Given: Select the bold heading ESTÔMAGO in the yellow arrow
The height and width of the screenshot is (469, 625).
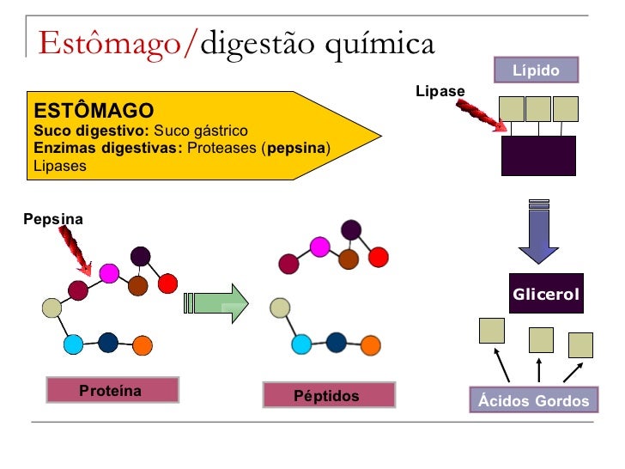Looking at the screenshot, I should pyautogui.click(x=93, y=111).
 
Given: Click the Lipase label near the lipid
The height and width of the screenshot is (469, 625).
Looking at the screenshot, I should pyautogui.click(x=440, y=90).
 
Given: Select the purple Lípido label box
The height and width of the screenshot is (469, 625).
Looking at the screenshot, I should pyautogui.click(x=536, y=70).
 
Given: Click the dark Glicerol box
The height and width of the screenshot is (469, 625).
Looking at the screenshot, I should pyautogui.click(x=546, y=295).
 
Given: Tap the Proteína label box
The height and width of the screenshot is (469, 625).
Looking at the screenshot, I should pyautogui.click(x=112, y=391).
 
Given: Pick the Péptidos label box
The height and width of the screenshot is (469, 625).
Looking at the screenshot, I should pyautogui.click(x=329, y=396).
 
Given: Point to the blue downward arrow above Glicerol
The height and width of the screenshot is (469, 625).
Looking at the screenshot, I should pyautogui.click(x=539, y=232).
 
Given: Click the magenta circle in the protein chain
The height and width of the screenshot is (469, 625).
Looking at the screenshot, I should pyautogui.click(x=109, y=273).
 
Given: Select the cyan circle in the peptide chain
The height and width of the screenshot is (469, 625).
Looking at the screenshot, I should pyautogui.click(x=301, y=344).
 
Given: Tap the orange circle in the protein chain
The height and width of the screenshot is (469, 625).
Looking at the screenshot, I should pyautogui.click(x=143, y=345).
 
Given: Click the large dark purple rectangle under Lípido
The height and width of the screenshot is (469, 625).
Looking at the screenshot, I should pyautogui.click(x=537, y=155).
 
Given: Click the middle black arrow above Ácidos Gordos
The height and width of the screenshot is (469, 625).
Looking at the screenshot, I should pyautogui.click(x=538, y=369).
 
